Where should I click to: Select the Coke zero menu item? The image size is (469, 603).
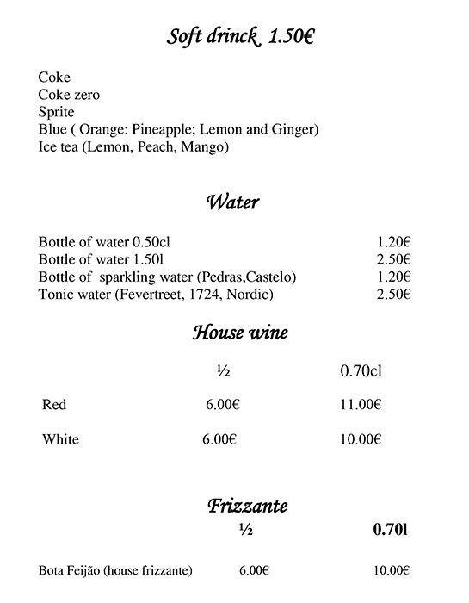[x=71, y=96]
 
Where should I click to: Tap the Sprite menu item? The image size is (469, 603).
[x=56, y=112]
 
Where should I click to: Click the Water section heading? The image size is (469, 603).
[x=232, y=203]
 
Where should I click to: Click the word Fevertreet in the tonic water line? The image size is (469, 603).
[x=151, y=295]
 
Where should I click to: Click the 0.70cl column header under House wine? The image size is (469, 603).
[x=362, y=372]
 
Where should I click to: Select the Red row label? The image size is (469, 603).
[x=54, y=405]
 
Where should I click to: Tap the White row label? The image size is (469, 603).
[x=60, y=439]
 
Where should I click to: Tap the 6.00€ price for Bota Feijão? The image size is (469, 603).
[x=253, y=570]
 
